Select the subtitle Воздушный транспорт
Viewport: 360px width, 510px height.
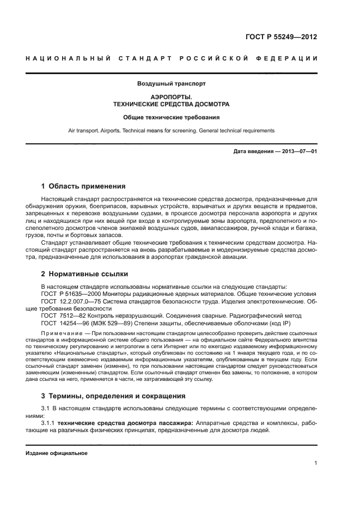point(170,84)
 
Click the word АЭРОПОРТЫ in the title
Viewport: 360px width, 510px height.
point(170,96)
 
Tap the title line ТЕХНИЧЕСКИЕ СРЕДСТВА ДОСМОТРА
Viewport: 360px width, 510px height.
point(170,104)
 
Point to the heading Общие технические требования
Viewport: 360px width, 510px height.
point(170,117)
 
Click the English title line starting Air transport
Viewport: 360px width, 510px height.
point(170,131)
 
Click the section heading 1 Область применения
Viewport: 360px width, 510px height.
point(83,186)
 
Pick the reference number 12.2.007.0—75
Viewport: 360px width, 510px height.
point(77,301)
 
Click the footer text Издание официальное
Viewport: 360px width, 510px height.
point(56,452)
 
